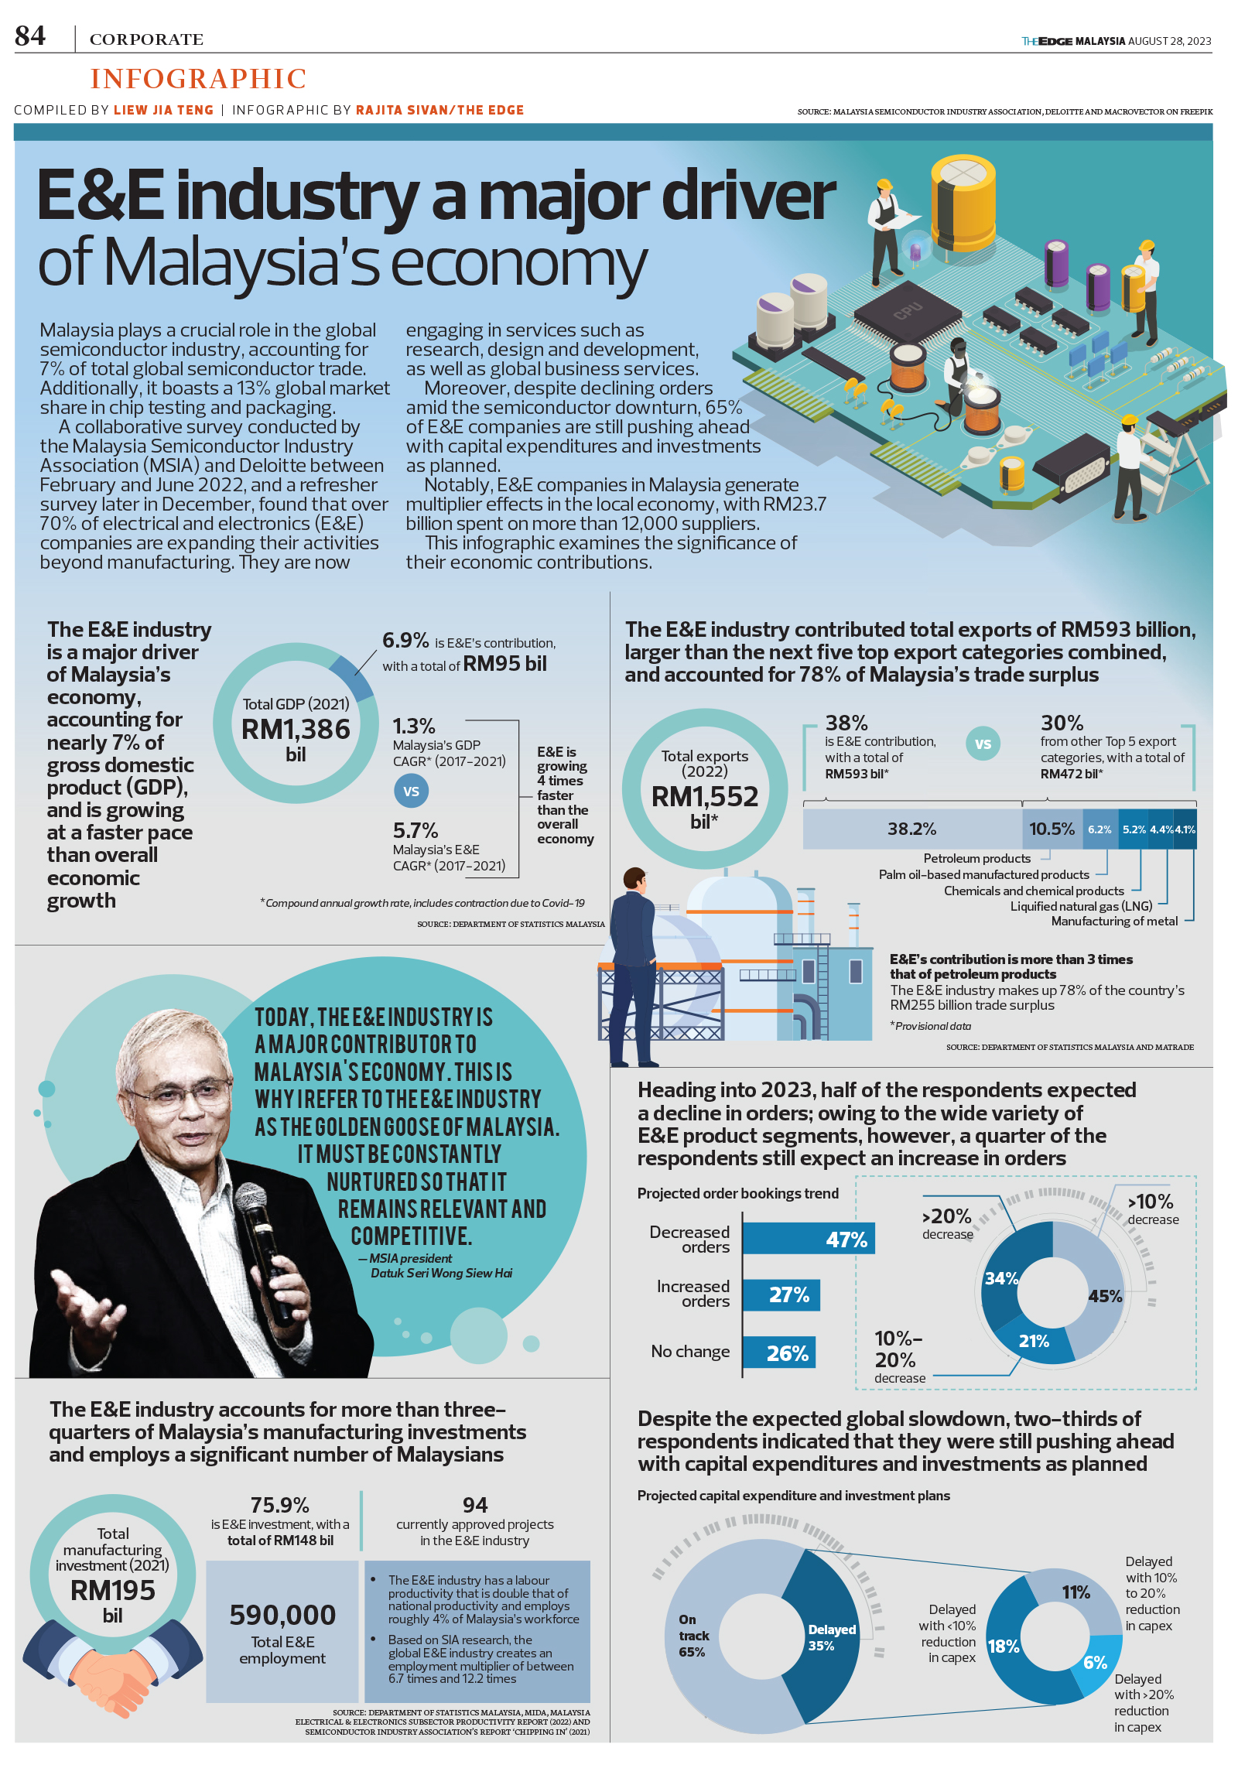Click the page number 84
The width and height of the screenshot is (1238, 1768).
point(30,36)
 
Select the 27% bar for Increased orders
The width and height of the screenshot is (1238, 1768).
point(780,1295)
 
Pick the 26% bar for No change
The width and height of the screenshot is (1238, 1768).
point(778,1353)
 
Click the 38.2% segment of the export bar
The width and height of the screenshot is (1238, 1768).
point(911,829)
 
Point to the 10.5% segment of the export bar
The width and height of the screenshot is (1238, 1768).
point(1052,829)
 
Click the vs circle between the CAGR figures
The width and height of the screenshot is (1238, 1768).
point(411,791)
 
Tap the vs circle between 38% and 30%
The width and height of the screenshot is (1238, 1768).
point(983,744)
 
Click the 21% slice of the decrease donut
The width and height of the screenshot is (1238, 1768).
point(1034,1341)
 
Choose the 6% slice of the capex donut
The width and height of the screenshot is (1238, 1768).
point(1094,1662)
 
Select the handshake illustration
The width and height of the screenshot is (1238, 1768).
point(113,1664)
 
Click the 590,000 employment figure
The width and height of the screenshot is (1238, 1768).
point(282,1616)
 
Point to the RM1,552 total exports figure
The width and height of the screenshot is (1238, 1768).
point(705,796)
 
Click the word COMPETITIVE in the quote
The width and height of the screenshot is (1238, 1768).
point(411,1236)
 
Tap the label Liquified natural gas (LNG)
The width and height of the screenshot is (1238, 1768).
point(1081,906)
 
